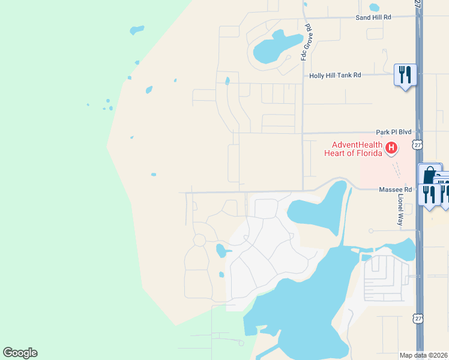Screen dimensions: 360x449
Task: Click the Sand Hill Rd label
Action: coord(373,17)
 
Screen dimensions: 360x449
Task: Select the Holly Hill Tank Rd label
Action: coord(335,75)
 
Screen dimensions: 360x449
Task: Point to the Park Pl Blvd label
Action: coord(393,131)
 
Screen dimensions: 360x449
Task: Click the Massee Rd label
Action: coord(395,190)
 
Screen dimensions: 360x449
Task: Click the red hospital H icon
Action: coord(391,147)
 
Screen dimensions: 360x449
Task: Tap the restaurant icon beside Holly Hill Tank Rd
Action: coord(405,75)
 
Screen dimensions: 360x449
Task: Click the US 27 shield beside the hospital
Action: coord(418,145)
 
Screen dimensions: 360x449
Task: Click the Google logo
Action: coord(20,353)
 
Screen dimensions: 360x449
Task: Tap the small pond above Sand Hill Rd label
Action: coord(375,8)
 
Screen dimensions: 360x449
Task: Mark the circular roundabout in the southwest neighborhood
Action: coord(199,240)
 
